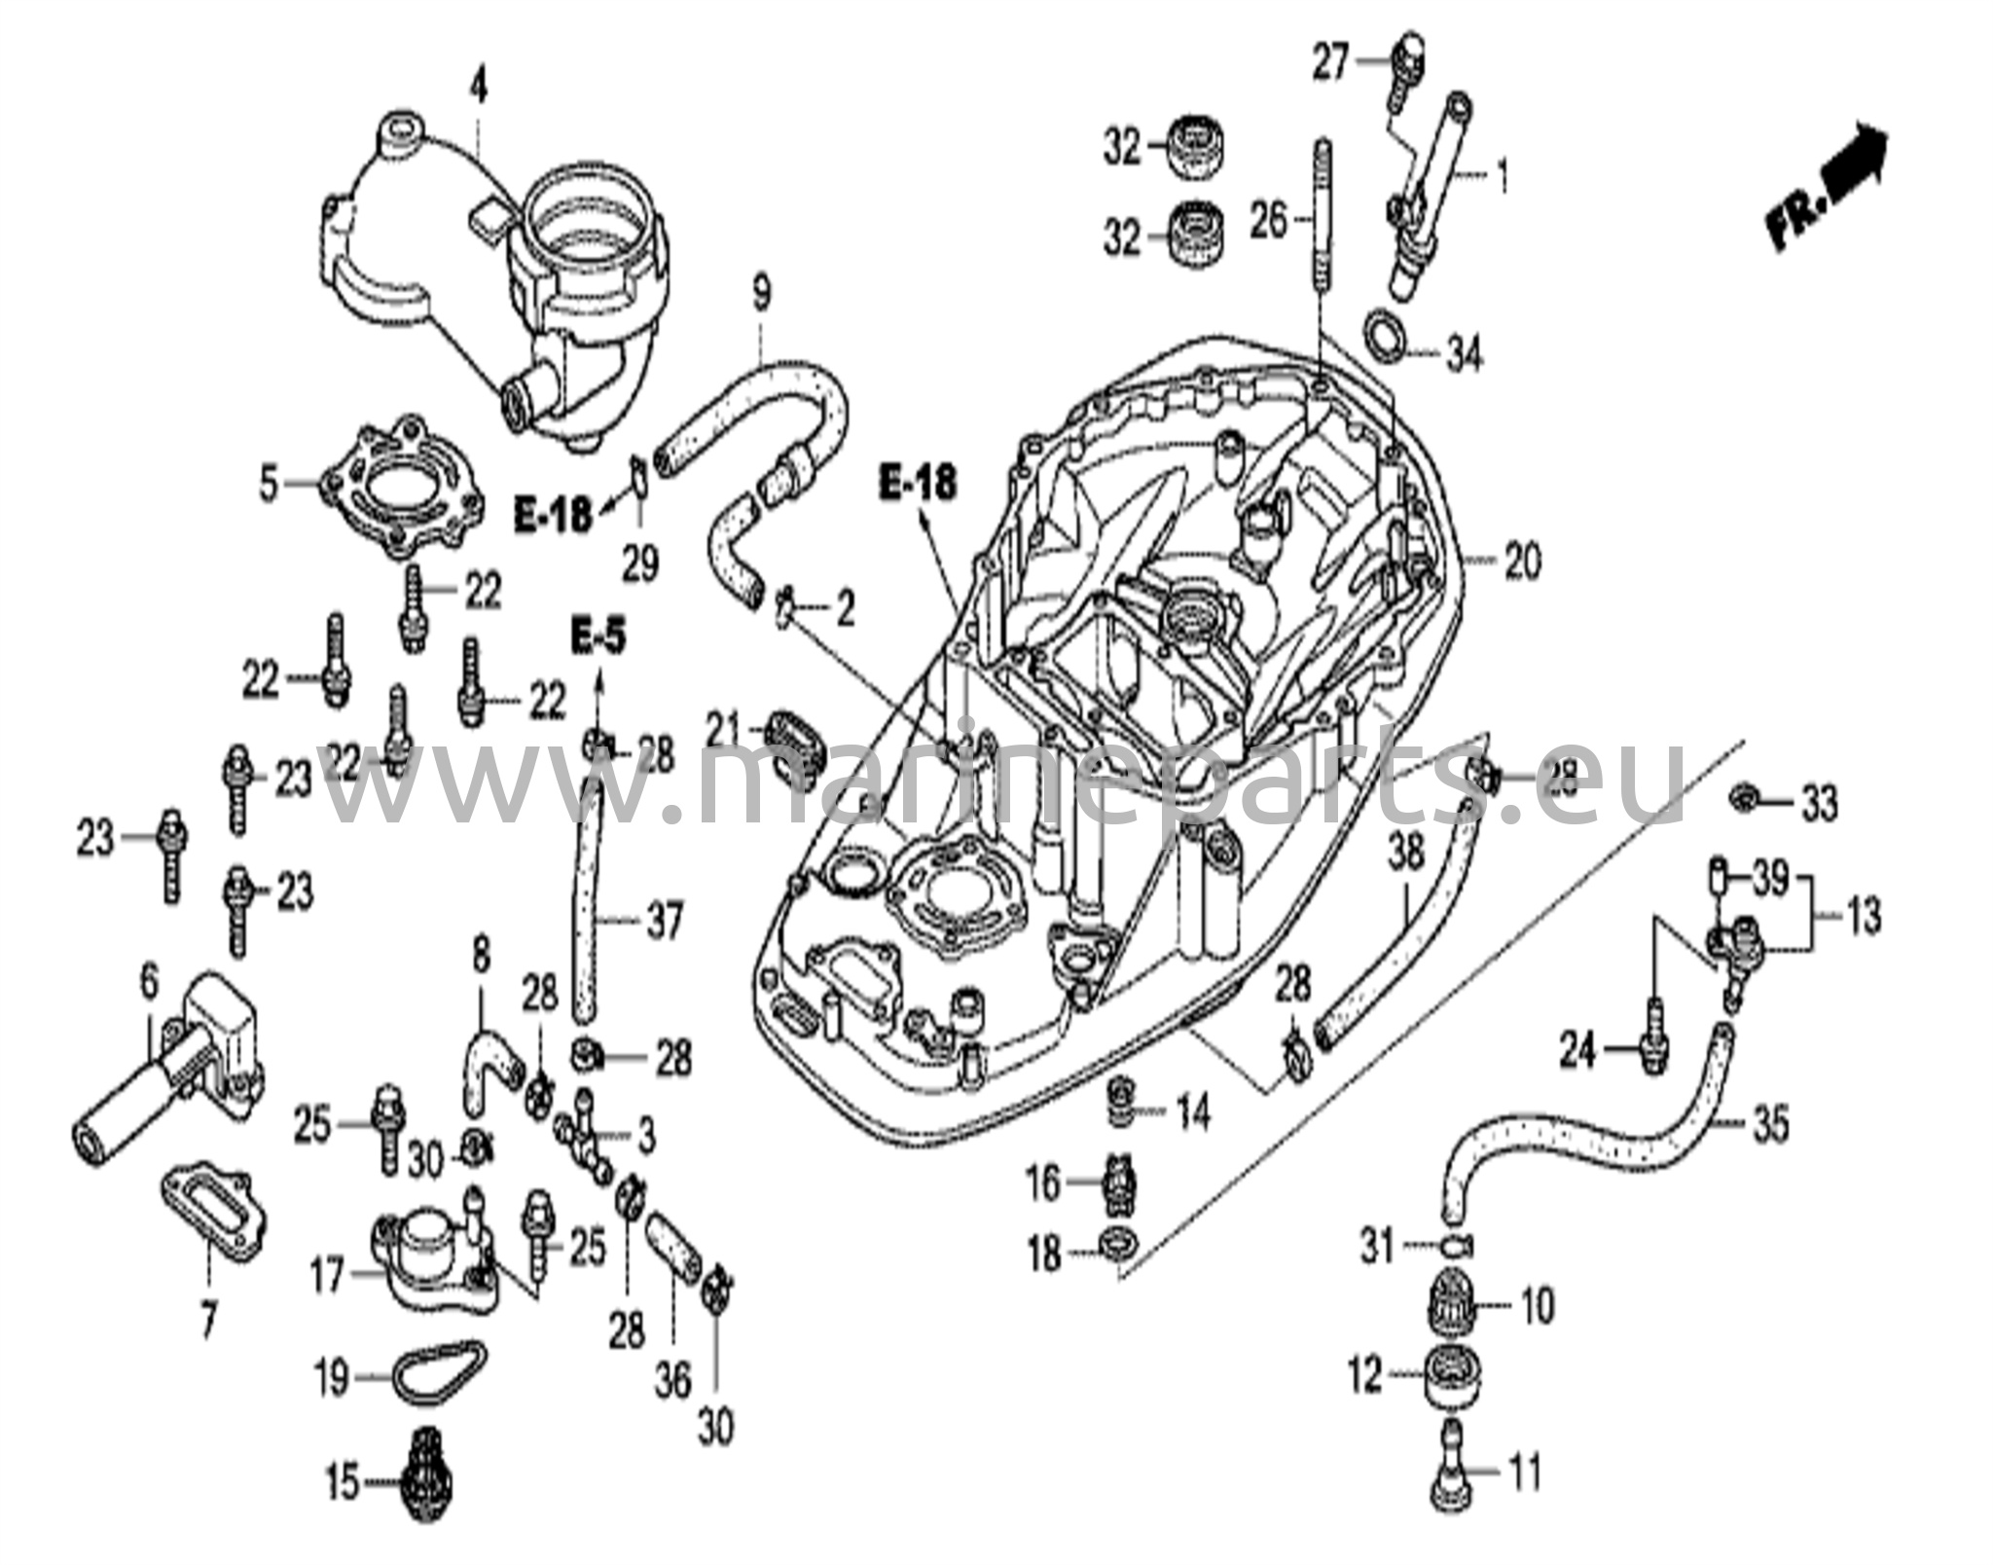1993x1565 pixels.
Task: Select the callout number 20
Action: (1523, 562)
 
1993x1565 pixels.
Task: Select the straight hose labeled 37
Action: (585, 915)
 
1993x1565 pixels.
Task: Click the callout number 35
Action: (1769, 1126)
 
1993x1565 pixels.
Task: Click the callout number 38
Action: (1405, 854)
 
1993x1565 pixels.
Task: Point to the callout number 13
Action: (1863, 916)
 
